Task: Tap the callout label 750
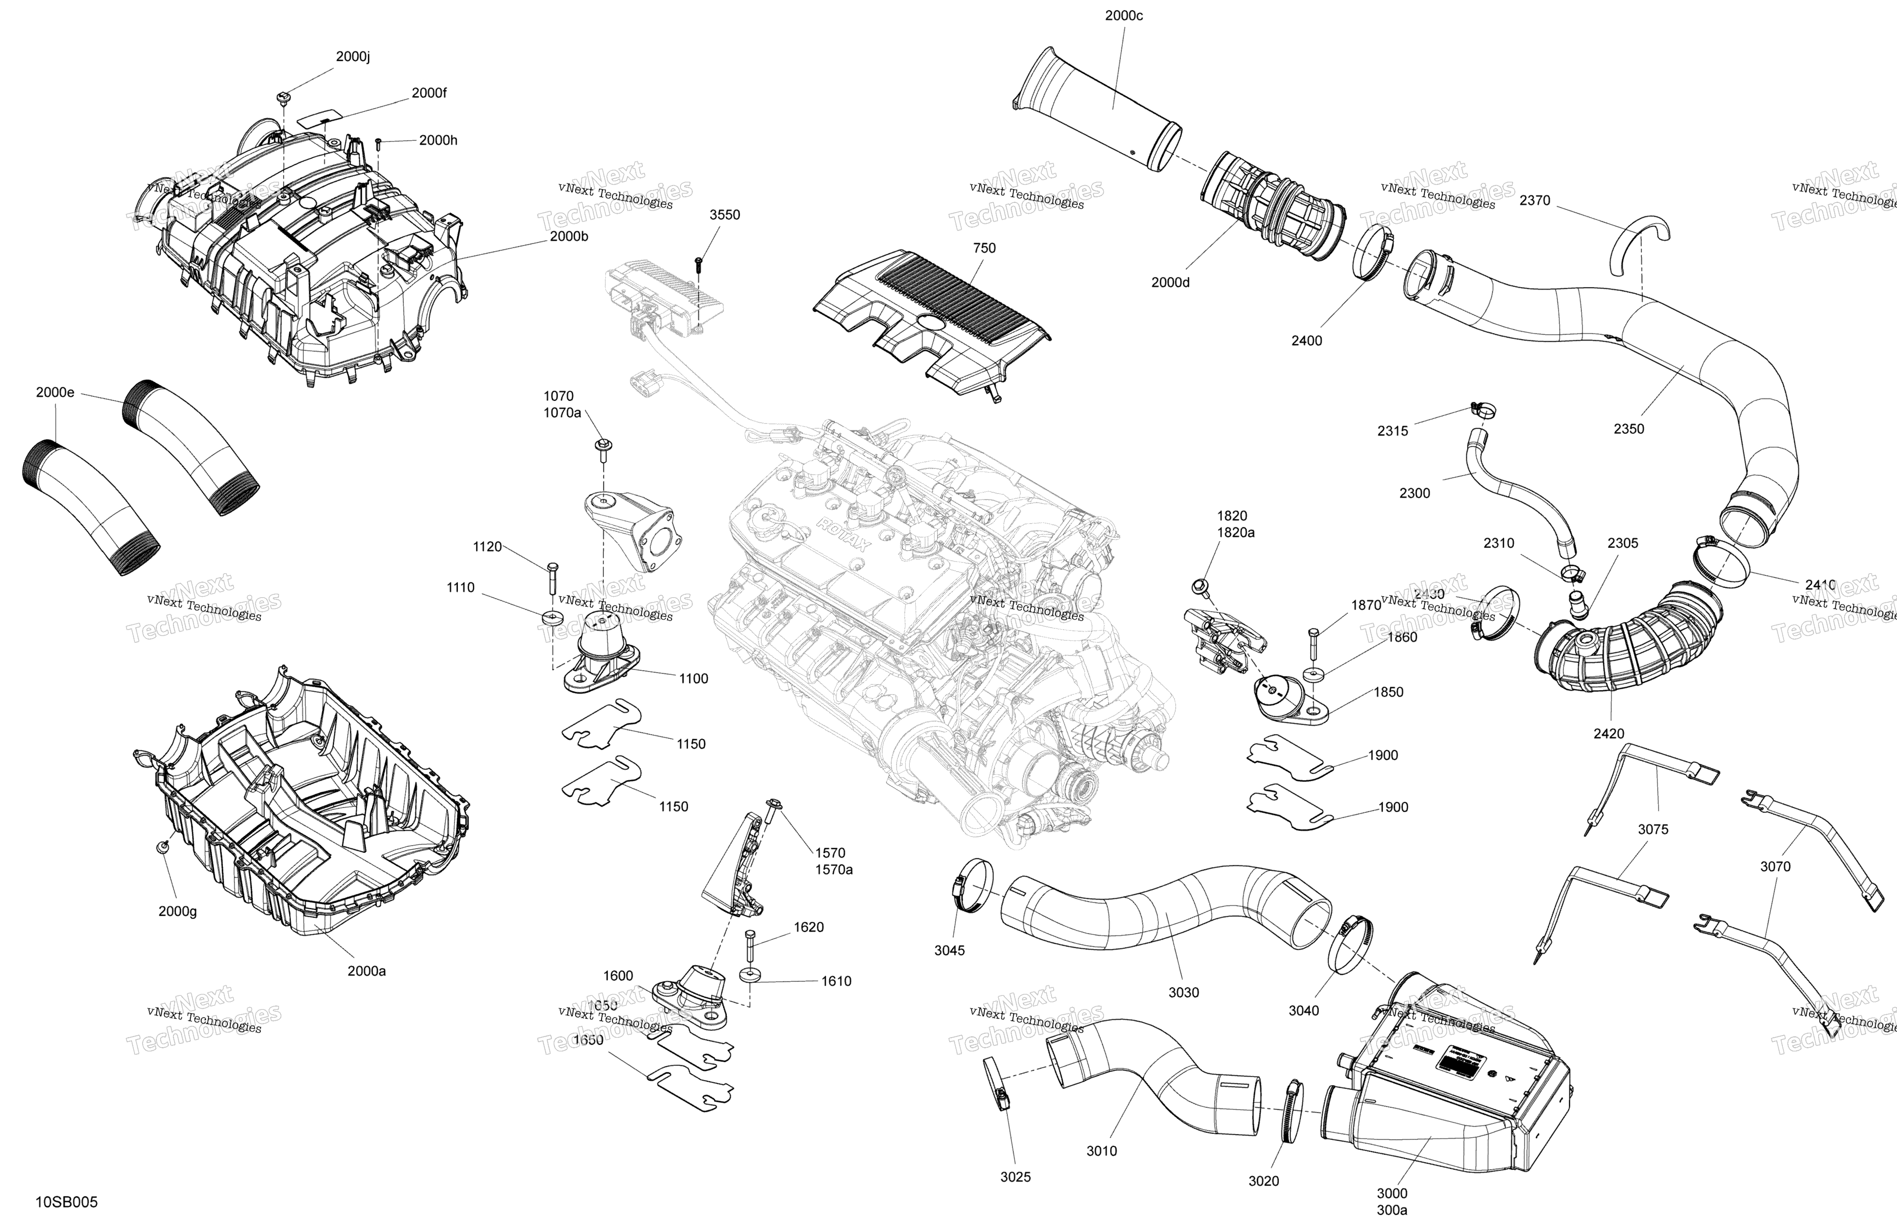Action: [x=984, y=248]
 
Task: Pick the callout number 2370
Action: [x=1534, y=200]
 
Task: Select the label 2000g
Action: [x=177, y=911]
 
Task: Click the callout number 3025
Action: [x=1016, y=1177]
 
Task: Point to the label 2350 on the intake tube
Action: [x=1628, y=429]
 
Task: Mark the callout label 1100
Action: [x=693, y=678]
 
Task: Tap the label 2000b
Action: [x=569, y=237]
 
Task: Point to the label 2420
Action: [x=1608, y=733]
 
